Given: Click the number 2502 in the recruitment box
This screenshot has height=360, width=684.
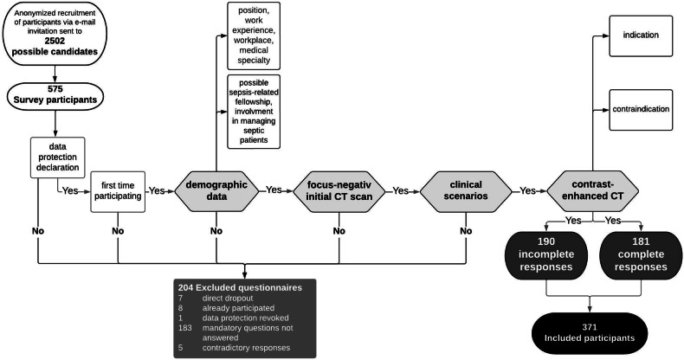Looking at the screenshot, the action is (x=55, y=41).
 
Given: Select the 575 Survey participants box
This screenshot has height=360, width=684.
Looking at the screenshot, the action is (x=55, y=94).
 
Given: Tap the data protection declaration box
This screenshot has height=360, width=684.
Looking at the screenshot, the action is (x=58, y=157).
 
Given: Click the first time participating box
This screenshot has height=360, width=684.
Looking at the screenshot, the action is (x=118, y=192).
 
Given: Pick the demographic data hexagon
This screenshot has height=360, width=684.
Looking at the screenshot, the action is (x=216, y=190).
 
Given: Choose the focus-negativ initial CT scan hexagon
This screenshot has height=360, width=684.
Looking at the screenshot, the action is (x=339, y=190).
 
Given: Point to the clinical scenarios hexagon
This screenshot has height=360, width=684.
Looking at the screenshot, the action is (x=466, y=190).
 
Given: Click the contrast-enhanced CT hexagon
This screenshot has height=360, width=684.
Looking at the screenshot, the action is (x=592, y=190).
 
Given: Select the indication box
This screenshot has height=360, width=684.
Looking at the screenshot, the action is (x=641, y=35).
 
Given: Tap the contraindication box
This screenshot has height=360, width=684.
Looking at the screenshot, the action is (x=641, y=109).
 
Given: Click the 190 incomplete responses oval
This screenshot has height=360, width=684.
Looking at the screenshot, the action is (x=546, y=254).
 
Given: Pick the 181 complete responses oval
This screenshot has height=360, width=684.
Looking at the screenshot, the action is (x=641, y=254).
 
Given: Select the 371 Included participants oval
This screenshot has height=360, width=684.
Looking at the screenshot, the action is (x=590, y=333).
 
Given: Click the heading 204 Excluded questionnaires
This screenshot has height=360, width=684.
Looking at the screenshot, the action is (x=240, y=287).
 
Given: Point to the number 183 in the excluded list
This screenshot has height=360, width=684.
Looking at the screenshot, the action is (x=185, y=328).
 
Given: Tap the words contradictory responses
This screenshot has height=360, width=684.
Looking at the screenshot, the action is (x=246, y=348).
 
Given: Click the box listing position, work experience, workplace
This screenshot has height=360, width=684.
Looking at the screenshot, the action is (x=254, y=35).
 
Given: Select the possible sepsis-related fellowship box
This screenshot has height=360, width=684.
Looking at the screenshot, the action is (x=254, y=112).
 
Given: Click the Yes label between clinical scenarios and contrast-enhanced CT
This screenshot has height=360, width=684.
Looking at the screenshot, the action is (x=527, y=190).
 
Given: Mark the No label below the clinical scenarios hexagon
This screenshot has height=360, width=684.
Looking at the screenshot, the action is (x=466, y=230).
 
